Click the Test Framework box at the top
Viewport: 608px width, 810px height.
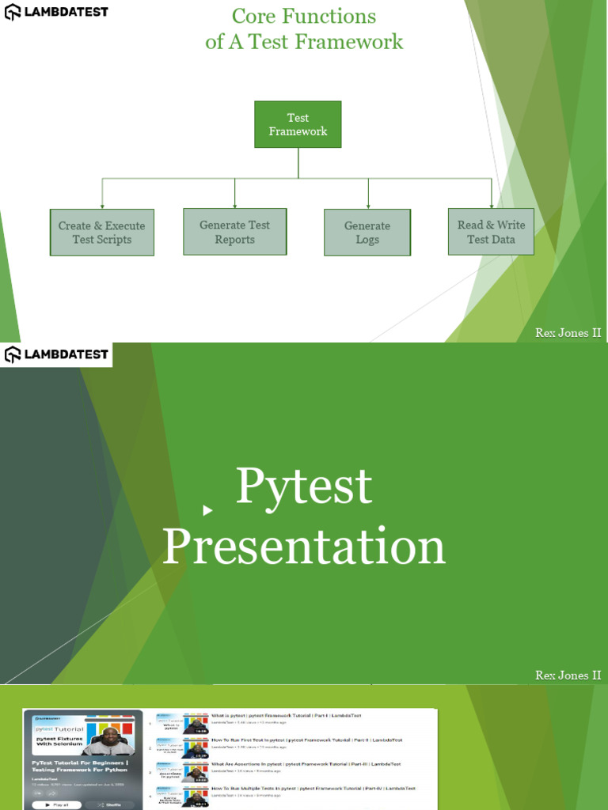[298, 124]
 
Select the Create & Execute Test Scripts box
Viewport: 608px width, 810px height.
[101, 233]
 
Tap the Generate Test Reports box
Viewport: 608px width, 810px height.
[234, 232]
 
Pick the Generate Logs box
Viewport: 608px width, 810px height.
[367, 233]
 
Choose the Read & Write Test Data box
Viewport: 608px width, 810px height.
[491, 232]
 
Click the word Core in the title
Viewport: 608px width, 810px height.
[255, 17]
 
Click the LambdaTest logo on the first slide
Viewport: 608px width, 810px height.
[56, 12]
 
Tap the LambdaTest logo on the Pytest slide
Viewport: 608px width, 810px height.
[56, 354]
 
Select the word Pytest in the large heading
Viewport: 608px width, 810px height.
[304, 486]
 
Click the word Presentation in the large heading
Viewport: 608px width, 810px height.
[304, 547]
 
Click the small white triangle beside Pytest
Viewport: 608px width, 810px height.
[207, 510]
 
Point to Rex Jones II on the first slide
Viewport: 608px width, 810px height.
[568, 333]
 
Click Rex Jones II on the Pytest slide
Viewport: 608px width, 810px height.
[568, 676]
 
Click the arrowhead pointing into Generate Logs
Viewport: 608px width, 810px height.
[368, 206]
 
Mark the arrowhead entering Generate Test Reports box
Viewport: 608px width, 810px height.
[235, 205]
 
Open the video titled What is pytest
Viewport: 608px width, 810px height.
[285, 716]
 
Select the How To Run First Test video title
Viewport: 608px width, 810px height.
[306, 740]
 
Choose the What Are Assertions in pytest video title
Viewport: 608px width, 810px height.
[306, 764]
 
